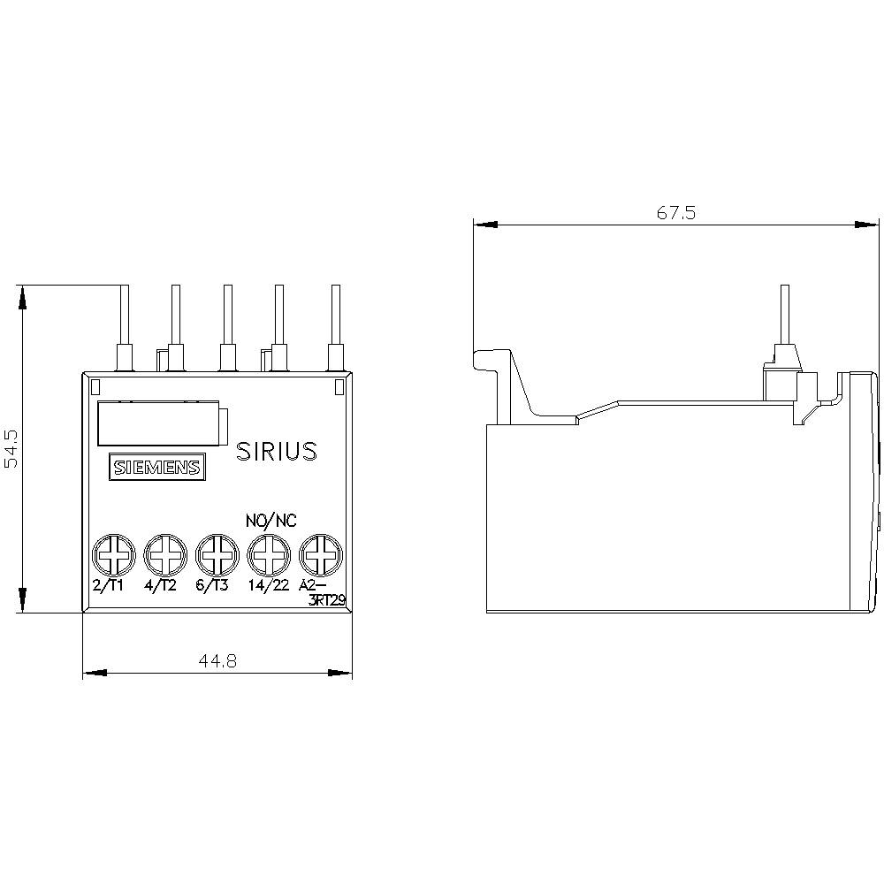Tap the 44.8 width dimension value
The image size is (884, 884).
pos(217,662)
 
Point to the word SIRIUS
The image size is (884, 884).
pos(276,452)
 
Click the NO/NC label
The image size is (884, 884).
pos(271,520)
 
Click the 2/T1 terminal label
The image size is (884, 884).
pos(109,586)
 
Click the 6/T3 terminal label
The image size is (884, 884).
pos(213,586)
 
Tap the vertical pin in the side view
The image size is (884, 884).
pos(781,318)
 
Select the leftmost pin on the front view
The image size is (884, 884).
pos(125,323)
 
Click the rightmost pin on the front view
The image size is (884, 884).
pos(335,323)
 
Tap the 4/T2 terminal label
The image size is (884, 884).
pos(161,586)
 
